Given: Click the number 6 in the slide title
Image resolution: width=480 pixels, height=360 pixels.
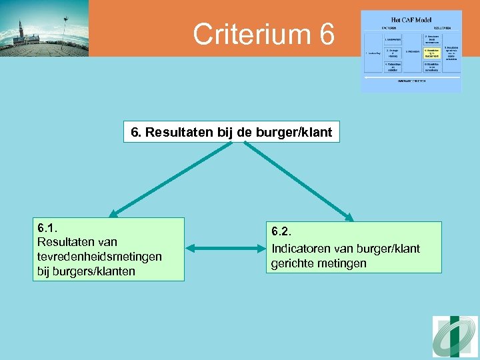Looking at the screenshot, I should pyautogui.click(x=327, y=35).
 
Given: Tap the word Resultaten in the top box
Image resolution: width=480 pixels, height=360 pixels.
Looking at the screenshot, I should pyautogui.click(x=179, y=132).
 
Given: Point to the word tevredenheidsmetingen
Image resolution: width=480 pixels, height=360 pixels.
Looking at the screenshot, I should pyautogui.click(x=99, y=257).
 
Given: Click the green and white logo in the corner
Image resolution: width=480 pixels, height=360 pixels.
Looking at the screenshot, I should pyautogui.click(x=455, y=336).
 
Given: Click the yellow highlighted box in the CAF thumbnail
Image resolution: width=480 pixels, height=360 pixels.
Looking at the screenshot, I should pyautogui.click(x=431, y=53).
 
